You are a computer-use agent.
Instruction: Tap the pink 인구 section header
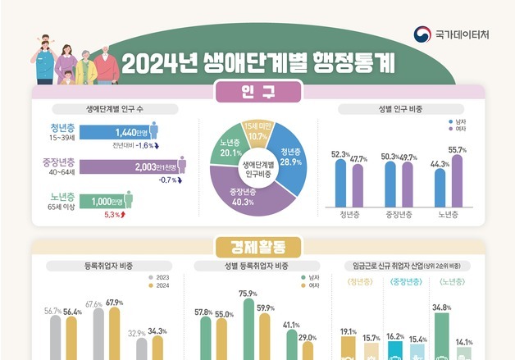tap(257, 93)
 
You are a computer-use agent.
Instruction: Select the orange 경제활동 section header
tap(257, 244)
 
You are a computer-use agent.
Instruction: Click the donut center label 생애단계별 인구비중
tap(257, 169)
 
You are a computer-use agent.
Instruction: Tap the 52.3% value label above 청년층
tap(340, 153)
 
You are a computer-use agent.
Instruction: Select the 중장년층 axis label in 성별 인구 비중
tap(399, 216)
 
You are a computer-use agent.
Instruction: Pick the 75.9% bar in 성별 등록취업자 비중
tap(248, 328)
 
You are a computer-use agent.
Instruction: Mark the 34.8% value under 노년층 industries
tap(441, 308)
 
